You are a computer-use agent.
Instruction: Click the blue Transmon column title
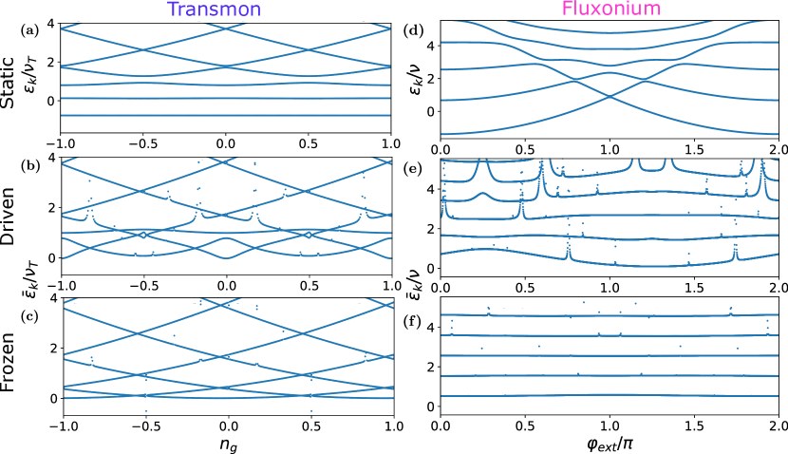point(214,10)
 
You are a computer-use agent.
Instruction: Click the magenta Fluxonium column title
point(610,9)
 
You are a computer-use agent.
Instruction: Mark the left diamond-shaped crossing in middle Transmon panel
point(142,235)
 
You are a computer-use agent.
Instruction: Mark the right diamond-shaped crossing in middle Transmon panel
point(309,235)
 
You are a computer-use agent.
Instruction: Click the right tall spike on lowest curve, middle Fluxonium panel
point(734,250)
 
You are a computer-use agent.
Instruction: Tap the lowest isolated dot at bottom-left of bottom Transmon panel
point(145,410)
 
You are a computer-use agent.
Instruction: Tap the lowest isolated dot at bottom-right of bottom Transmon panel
point(311,410)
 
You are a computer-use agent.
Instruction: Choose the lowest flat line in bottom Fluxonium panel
point(609,395)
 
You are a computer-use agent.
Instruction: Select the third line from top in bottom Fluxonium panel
point(609,355)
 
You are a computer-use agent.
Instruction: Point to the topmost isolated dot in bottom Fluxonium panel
point(583,302)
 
